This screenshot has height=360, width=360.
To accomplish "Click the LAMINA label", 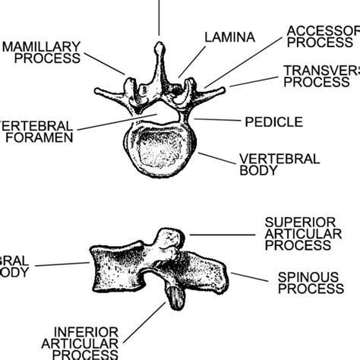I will pos(227,36).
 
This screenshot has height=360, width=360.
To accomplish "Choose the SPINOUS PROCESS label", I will pos(310,283).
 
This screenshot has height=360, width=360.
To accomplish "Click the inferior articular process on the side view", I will pos(174,294).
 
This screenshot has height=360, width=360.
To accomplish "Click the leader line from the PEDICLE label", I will pos(216,120).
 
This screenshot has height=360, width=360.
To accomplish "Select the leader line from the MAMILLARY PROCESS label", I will pos(104,62).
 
